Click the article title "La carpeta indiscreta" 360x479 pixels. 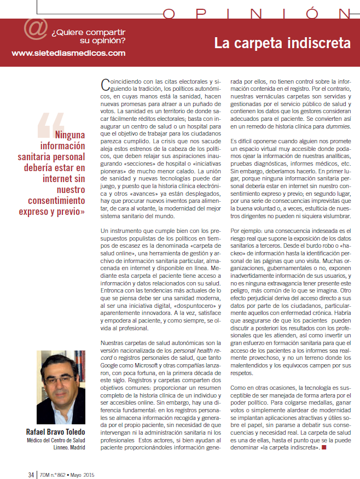(x=282, y=43)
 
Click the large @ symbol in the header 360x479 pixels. (x=35, y=31)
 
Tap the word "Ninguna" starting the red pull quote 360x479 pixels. (x=70, y=135)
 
